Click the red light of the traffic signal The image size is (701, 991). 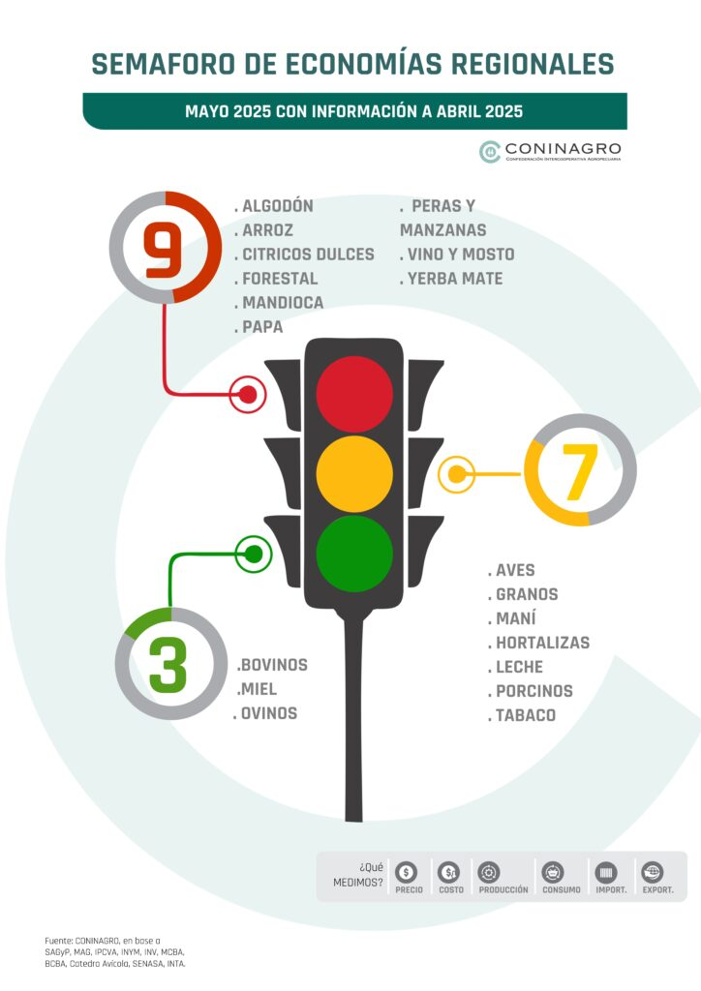click(x=354, y=394)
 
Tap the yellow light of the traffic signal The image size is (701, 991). click(x=354, y=473)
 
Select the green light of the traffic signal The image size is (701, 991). click(x=354, y=554)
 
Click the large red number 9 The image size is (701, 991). click(x=163, y=250)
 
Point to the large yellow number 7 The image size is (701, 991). click(x=580, y=471)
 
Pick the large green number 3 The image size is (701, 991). click(x=168, y=664)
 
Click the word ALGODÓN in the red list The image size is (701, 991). click(x=278, y=206)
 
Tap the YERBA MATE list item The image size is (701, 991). click(x=455, y=279)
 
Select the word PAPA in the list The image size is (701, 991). click(x=262, y=327)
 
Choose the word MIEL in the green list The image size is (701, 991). click(x=259, y=689)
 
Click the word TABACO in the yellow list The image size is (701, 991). click(x=526, y=715)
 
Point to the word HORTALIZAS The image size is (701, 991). click(x=543, y=643)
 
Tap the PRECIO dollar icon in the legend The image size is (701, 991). click(x=406, y=873)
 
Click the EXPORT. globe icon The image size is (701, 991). click(x=652, y=873)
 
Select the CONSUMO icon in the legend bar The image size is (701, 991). click(x=553, y=873)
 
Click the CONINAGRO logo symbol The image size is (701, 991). click(x=490, y=152)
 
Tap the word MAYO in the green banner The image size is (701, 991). click(x=206, y=112)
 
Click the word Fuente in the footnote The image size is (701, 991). click(x=57, y=941)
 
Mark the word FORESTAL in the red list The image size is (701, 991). click(x=280, y=279)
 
